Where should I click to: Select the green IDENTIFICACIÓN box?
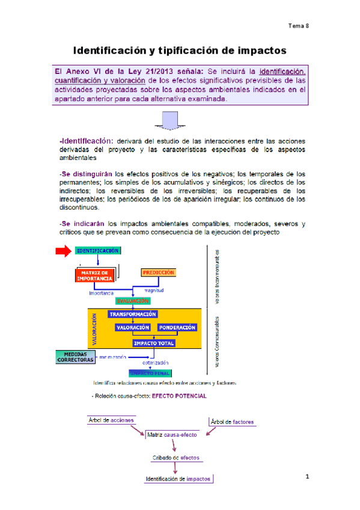click(97, 251)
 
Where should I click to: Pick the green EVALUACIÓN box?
click(133, 301)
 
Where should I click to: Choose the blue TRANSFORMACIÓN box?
click(132, 314)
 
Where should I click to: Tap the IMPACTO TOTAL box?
click(154, 343)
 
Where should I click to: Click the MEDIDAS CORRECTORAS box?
click(76, 357)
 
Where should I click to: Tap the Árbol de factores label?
click(233, 422)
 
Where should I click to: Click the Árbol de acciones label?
click(111, 420)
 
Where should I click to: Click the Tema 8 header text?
click(298, 26)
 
